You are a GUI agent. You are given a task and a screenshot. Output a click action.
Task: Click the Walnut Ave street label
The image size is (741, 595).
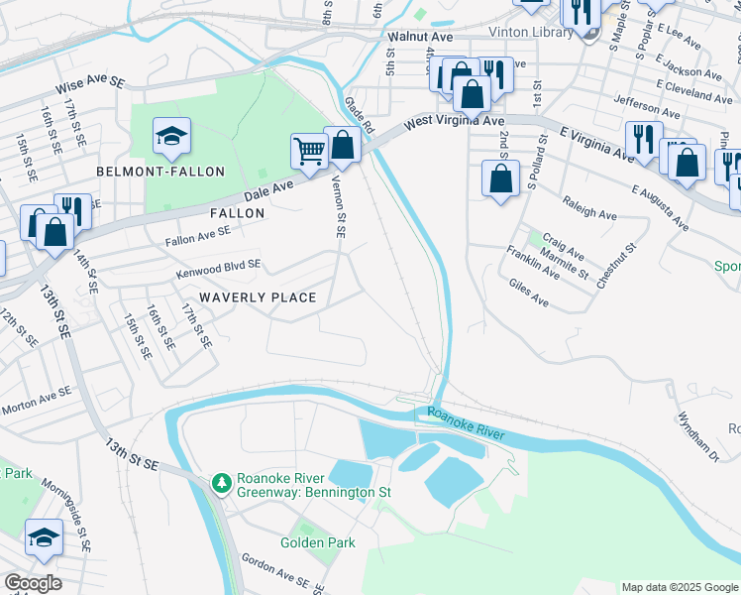point(420,37)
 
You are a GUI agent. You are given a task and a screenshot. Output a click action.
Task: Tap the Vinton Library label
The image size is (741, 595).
point(531,32)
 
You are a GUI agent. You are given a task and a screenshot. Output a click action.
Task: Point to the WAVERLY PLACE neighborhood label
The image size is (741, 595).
point(258,297)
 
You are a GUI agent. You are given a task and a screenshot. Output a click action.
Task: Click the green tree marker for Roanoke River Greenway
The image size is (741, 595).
point(222,483)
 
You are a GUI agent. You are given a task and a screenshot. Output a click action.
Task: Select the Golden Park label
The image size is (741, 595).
point(317,542)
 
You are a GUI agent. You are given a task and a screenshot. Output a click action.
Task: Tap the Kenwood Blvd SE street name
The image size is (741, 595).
point(218,267)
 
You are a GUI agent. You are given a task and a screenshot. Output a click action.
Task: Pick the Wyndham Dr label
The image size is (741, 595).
point(699,436)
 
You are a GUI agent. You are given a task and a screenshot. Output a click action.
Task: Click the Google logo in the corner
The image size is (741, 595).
point(33,583)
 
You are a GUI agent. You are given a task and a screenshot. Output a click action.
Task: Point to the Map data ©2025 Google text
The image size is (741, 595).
point(679,587)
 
